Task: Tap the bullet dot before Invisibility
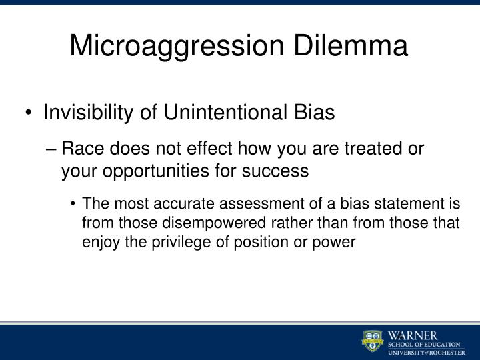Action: click(x=31, y=113)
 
